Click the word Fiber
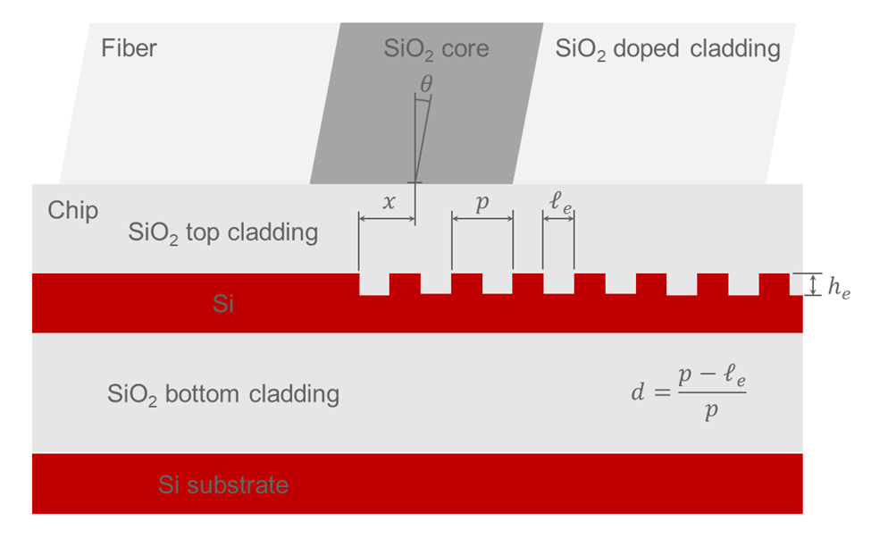(129, 47)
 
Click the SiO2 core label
(436, 48)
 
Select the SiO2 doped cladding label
(667, 48)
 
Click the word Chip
(72, 211)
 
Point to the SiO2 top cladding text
(222, 233)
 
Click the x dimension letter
(388, 202)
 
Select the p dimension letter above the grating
(482, 203)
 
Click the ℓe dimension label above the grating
(561, 201)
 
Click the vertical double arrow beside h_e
(811, 285)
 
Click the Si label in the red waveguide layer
(223, 304)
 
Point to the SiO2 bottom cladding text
(222, 393)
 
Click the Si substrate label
(223, 484)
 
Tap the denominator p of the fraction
(711, 412)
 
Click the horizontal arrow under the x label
(387, 217)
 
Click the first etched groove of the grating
(373, 283)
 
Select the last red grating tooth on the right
(774, 284)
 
